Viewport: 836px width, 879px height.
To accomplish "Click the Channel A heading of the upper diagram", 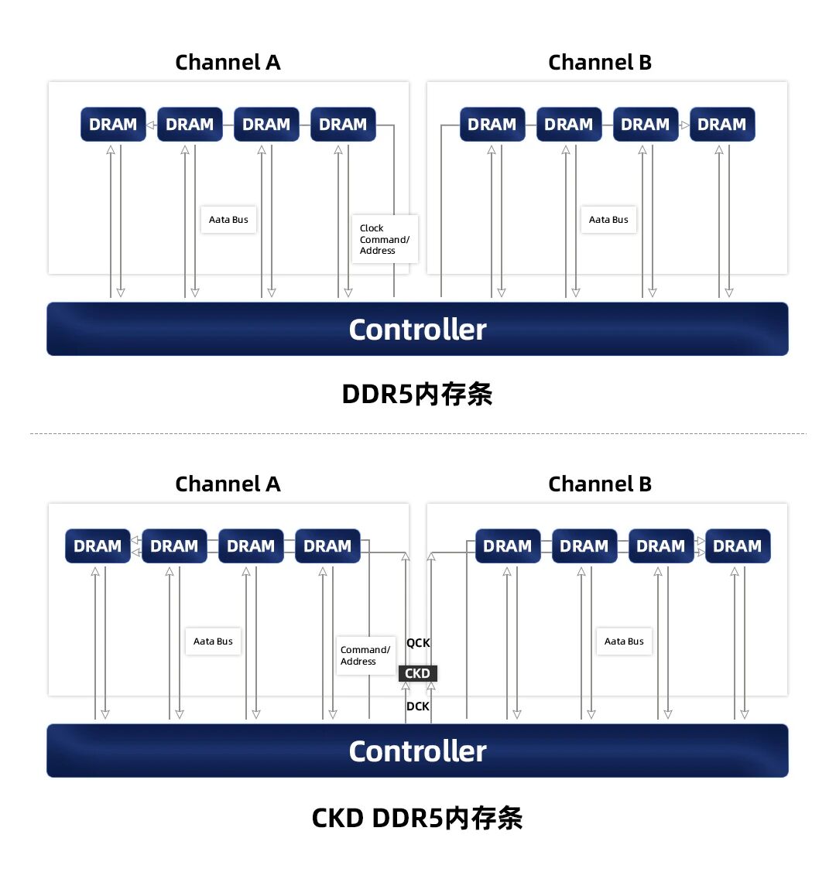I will tap(228, 63).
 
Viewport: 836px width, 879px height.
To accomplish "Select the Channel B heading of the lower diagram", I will tap(600, 484).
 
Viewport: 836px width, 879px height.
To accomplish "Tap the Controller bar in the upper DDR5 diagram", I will tap(417, 330).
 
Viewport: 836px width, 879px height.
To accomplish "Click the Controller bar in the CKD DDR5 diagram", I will tap(417, 751).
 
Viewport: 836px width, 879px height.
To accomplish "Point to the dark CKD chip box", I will tap(417, 673).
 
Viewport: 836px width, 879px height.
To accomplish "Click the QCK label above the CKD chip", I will tap(418, 643).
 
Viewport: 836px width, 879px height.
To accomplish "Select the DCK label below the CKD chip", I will tap(417, 706).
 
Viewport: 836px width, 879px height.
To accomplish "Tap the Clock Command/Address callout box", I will tap(385, 239).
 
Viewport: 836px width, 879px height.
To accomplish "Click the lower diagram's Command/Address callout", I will tap(365, 655).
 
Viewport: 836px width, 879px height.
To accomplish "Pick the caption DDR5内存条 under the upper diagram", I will tap(417, 395).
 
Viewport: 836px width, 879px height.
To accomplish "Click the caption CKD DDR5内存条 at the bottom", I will tap(417, 818).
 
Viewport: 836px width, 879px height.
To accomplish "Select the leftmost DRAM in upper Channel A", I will tap(113, 125).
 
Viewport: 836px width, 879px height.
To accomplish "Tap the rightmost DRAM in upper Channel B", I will tap(721, 125).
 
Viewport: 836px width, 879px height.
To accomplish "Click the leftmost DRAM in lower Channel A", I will tap(98, 546).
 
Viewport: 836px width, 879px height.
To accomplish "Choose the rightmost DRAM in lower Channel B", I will tap(737, 546).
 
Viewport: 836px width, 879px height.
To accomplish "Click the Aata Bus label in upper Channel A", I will tap(228, 220).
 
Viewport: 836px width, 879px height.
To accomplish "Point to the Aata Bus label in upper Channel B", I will tap(608, 220).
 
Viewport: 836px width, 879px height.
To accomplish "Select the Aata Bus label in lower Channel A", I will tap(213, 641).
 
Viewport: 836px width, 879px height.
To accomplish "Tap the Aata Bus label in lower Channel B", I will tap(624, 641).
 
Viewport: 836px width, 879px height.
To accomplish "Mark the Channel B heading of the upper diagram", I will tap(600, 63).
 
